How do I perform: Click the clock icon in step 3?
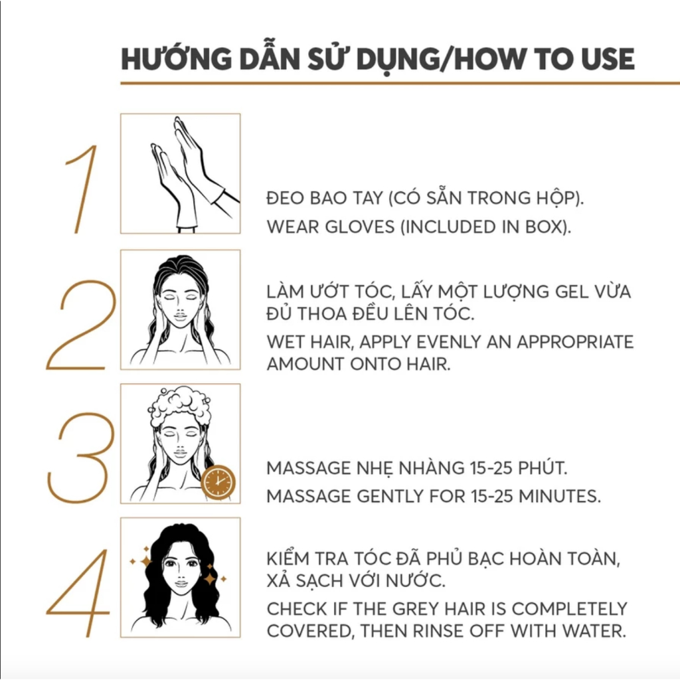click(x=218, y=482)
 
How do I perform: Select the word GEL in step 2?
click(x=573, y=292)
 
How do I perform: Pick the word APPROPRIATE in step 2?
click(x=575, y=342)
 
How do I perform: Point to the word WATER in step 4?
click(x=594, y=631)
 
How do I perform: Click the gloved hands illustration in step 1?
click(x=191, y=173)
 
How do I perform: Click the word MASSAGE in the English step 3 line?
click(x=309, y=496)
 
